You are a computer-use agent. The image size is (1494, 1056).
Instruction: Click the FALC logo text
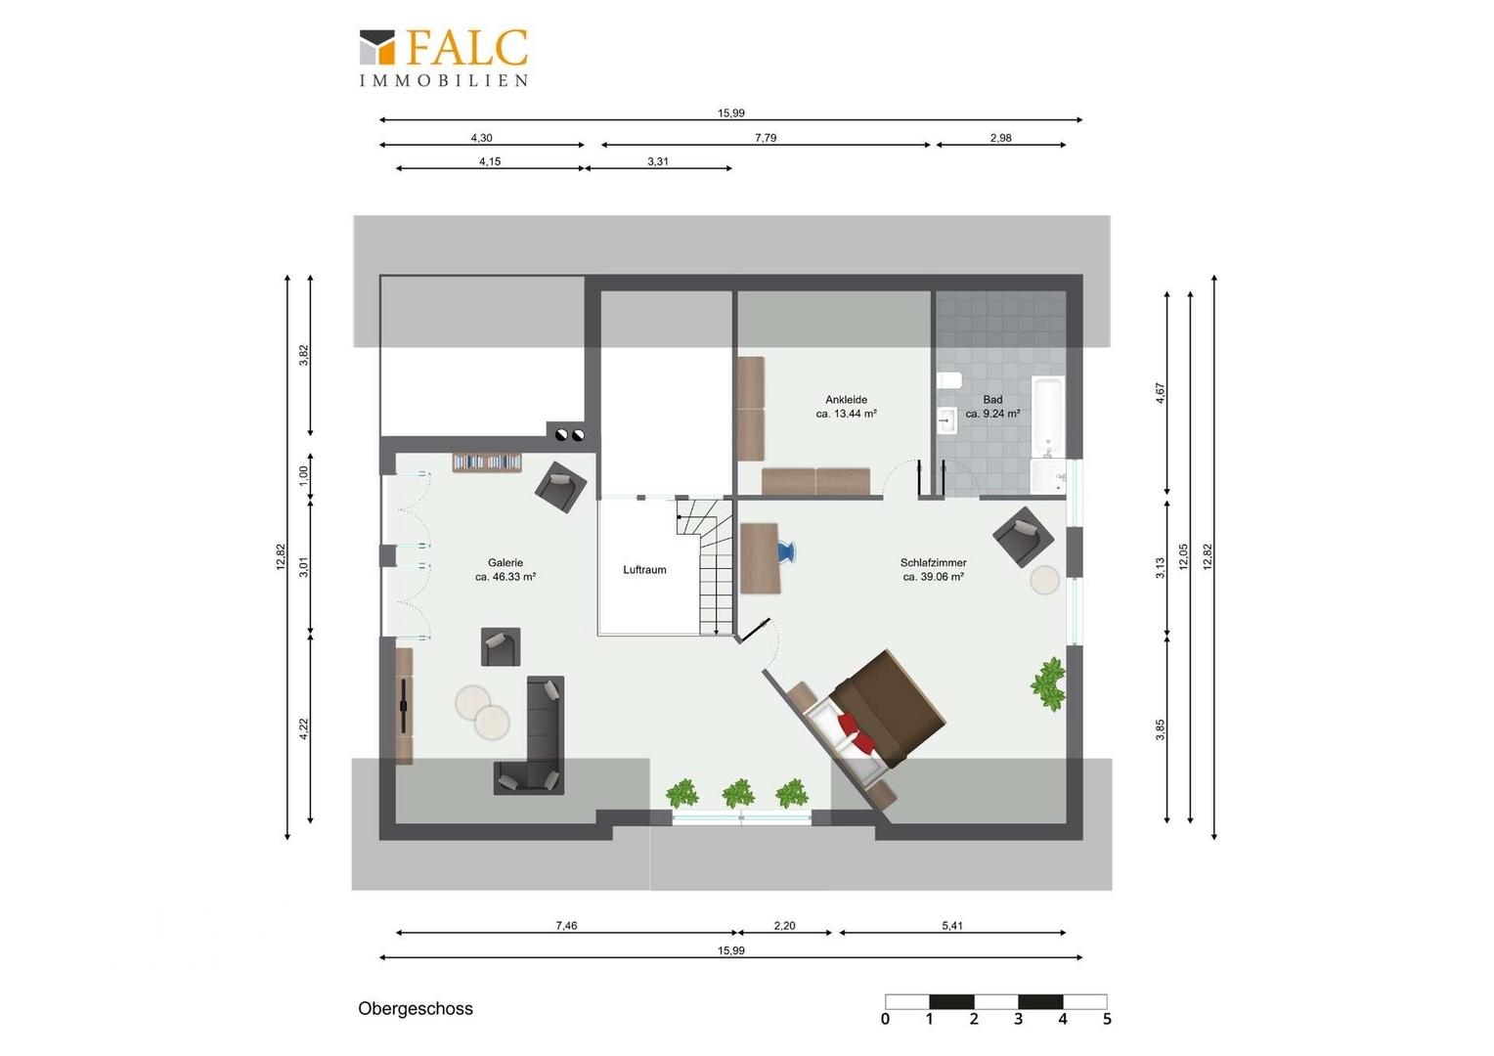(x=466, y=47)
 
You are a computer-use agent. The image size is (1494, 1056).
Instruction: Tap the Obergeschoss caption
(x=415, y=1008)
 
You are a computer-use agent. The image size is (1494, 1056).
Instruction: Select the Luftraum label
(x=644, y=570)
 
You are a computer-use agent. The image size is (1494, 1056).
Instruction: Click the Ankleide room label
(x=846, y=400)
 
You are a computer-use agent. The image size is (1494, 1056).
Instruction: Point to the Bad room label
(x=992, y=400)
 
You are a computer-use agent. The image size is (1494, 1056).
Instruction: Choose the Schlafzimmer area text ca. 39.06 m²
(x=933, y=577)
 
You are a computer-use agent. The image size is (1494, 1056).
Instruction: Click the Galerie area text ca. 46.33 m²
(x=505, y=577)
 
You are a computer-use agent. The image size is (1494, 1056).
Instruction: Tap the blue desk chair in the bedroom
(x=787, y=551)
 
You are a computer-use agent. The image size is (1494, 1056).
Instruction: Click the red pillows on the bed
(x=857, y=733)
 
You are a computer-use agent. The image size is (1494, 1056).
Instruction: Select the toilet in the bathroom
(x=948, y=381)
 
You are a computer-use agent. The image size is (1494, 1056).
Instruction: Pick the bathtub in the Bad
(x=1048, y=417)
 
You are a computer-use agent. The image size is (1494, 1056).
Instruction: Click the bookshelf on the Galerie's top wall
(x=487, y=462)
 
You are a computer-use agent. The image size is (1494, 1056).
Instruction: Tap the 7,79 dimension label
(x=766, y=138)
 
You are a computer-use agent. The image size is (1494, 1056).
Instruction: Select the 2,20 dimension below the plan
(x=784, y=925)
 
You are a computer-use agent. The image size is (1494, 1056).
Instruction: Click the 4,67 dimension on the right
(x=1161, y=393)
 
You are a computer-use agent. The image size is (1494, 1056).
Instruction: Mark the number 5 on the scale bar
(x=1107, y=1019)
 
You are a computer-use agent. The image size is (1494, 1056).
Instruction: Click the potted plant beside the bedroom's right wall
(x=1048, y=684)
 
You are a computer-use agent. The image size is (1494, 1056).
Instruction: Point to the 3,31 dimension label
(x=658, y=161)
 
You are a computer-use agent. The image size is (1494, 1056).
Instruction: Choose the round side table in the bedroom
(x=1044, y=580)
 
